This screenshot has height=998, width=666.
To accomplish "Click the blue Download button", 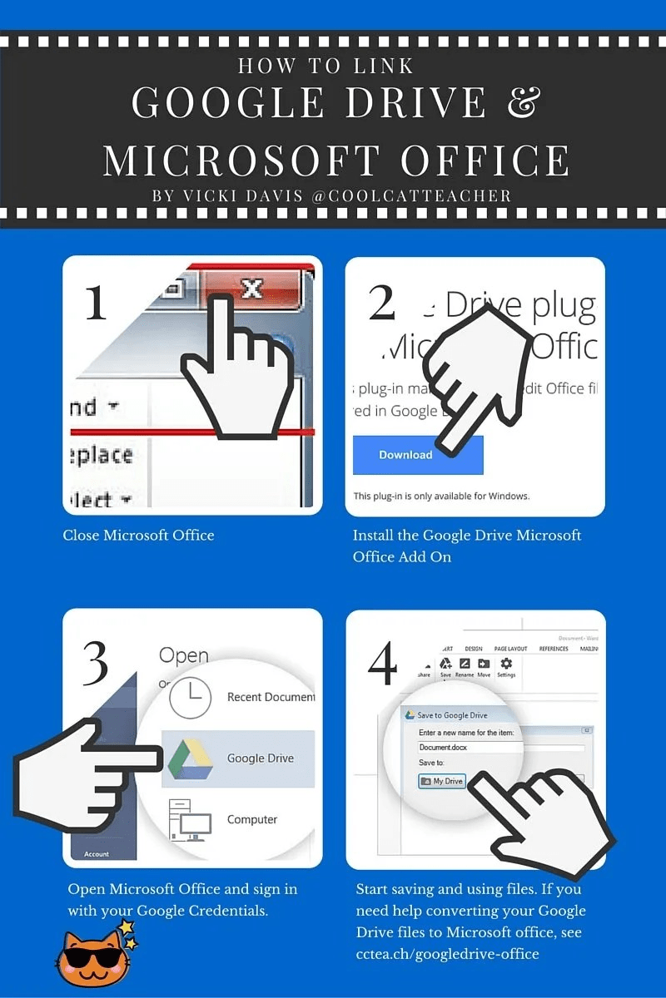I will pos(406,455).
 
